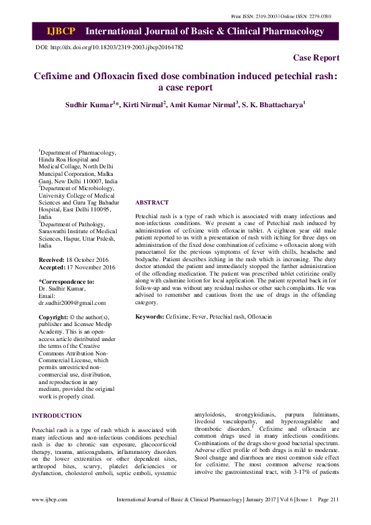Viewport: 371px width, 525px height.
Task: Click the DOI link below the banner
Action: coord(110,47)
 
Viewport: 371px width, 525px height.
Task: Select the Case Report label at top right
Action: coord(316,58)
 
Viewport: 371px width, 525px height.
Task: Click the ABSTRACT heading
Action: coord(152,203)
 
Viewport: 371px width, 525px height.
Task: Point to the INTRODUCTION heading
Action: coord(57,415)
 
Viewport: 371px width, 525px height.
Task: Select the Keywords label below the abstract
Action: coord(150,317)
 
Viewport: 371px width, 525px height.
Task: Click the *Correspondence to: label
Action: coord(67,281)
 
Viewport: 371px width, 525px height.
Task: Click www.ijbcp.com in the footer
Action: coord(50,499)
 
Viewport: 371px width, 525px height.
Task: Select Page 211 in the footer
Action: coord(328,499)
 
